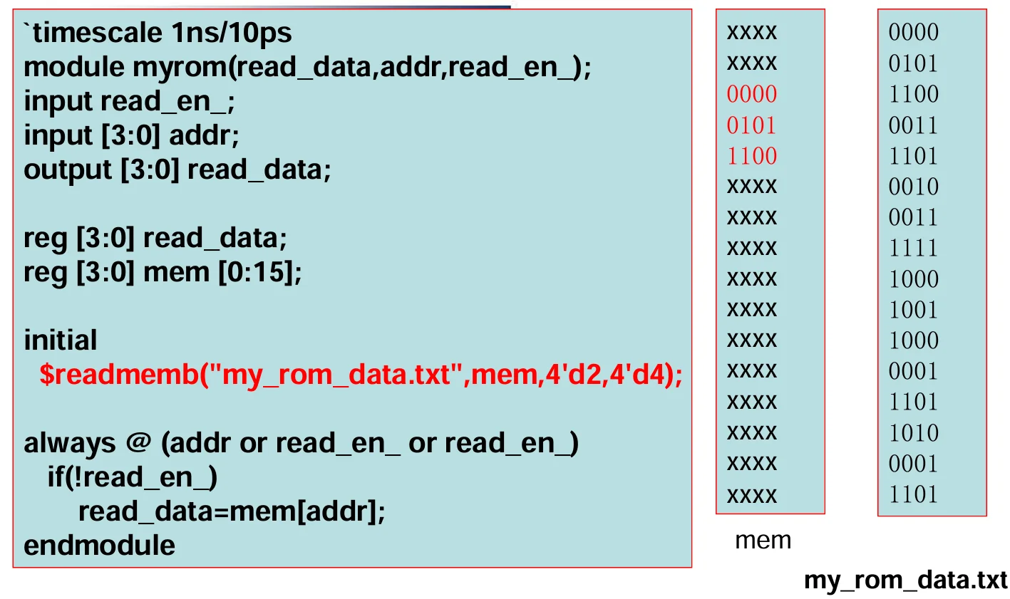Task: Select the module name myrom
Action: pyautogui.click(x=180, y=68)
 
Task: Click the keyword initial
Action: pyautogui.click(x=61, y=340)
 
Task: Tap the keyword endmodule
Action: pyautogui.click(x=99, y=546)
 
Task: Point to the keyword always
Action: pyautogui.click(x=70, y=444)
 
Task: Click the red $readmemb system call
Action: pyautogui.click(x=119, y=374)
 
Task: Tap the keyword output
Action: pyautogui.click(x=67, y=170)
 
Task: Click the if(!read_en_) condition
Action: pyautogui.click(x=132, y=477)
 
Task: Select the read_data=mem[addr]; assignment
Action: pyautogui.click(x=232, y=511)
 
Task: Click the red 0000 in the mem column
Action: pyautogui.click(x=752, y=94)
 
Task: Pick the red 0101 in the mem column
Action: pyautogui.click(x=751, y=125)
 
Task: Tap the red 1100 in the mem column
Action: pyautogui.click(x=752, y=156)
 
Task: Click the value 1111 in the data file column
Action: pyautogui.click(x=913, y=248)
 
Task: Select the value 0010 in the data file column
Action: pyautogui.click(x=914, y=187)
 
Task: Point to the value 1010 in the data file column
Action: pyautogui.click(x=914, y=433)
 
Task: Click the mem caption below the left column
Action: pyautogui.click(x=763, y=541)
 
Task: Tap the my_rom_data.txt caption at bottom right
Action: pyautogui.click(x=905, y=580)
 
